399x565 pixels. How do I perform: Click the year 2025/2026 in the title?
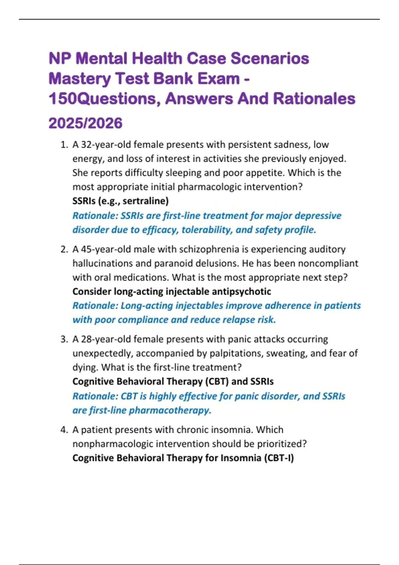point(85,123)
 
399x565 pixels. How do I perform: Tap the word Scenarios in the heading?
point(270,58)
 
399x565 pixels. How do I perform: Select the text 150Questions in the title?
point(103,99)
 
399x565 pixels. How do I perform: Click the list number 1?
point(64,145)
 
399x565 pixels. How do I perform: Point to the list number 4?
point(64,430)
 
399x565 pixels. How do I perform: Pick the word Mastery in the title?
point(79,79)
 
